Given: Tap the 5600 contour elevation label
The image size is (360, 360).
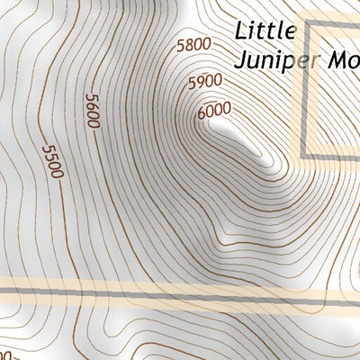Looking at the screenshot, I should click(x=92, y=111).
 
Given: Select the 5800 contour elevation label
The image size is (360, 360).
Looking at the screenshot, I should click(x=193, y=44).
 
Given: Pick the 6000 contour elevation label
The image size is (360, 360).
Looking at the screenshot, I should click(x=213, y=109).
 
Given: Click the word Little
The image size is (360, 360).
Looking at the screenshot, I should click(x=265, y=31).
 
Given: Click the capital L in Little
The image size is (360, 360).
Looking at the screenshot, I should click(x=241, y=31).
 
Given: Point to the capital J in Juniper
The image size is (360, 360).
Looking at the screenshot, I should click(x=238, y=61).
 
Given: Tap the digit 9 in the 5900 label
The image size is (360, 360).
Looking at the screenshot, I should click(x=198, y=84).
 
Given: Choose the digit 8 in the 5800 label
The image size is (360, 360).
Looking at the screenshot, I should click(x=186, y=45).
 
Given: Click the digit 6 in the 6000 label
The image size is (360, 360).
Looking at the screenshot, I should click(x=201, y=112).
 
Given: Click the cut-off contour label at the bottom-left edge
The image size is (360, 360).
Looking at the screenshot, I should click(x=5, y=354).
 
